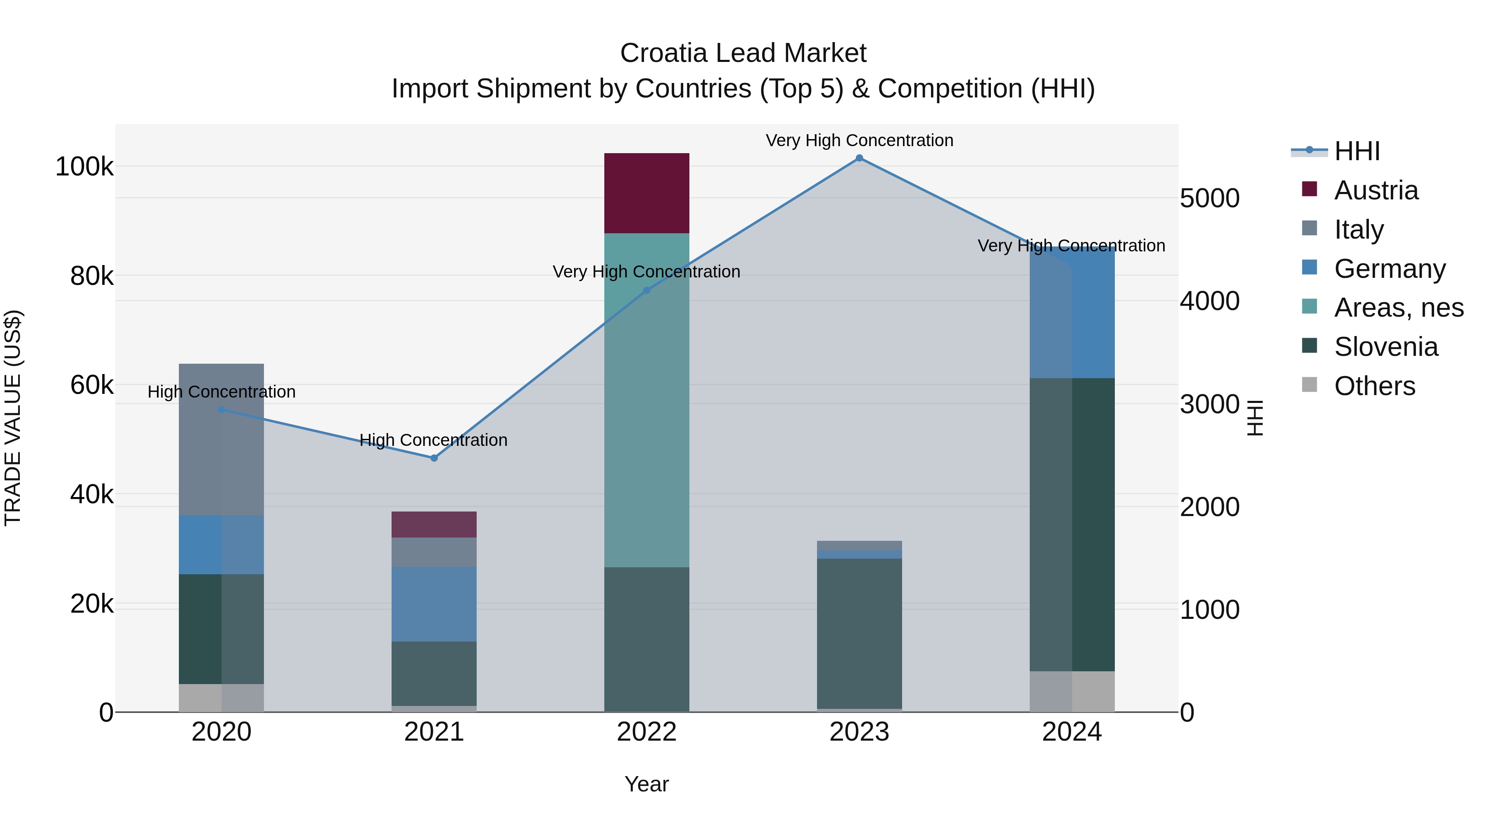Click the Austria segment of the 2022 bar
646,193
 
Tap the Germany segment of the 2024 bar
1072,313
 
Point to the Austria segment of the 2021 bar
434,524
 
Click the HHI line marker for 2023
859,158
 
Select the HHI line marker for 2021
434,458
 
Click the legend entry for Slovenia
1385,347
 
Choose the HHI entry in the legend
1356,151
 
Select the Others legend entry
1374,386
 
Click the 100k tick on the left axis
84,167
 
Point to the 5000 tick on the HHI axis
1209,199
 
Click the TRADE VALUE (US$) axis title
13,418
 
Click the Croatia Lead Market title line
743,53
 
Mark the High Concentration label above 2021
434,440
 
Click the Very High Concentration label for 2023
859,140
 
